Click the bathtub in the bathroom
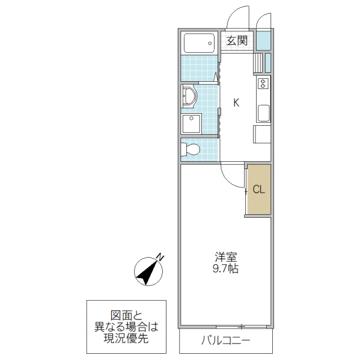click(x=199, y=43)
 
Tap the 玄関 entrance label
click(x=237, y=41)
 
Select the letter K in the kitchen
click(x=236, y=103)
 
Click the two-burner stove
click(x=263, y=83)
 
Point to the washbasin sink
click(x=189, y=97)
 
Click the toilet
click(x=192, y=149)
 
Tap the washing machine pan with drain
click(x=192, y=123)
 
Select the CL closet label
click(x=258, y=190)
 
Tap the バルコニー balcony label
click(x=225, y=341)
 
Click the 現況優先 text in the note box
click(x=126, y=339)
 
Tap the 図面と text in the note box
click(x=126, y=315)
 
